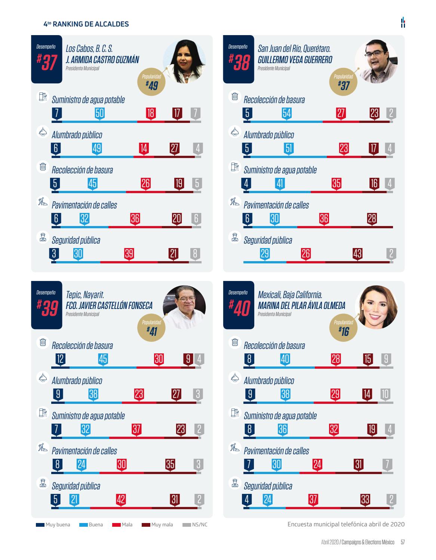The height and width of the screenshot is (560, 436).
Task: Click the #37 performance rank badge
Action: (47, 59)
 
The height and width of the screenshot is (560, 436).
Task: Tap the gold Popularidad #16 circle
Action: (343, 328)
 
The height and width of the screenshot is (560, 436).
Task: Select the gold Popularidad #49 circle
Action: (151, 82)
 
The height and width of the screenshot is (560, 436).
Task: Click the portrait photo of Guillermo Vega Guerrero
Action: (376, 61)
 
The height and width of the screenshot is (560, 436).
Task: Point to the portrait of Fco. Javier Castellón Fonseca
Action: (184, 307)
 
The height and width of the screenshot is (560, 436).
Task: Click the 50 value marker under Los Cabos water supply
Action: (99, 114)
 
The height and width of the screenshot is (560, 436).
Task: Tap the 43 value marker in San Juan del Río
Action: (357, 254)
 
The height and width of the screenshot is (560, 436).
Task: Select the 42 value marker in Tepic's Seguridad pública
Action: (121, 500)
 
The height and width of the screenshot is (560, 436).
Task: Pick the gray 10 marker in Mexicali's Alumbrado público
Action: (385, 395)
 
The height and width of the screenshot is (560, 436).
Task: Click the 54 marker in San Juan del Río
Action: (286, 114)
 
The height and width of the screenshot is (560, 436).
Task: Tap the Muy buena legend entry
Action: (53, 525)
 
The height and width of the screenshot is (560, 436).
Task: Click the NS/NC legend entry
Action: (195, 525)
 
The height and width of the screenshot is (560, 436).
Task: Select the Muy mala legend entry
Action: (157, 525)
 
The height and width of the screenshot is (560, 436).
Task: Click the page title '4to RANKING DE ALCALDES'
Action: (86, 24)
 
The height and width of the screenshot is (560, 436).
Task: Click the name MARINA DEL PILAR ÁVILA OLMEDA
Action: (301, 306)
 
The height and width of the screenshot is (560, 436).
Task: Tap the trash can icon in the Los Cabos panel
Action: (43, 167)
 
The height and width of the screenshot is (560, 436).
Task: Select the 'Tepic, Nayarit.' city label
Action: (85, 294)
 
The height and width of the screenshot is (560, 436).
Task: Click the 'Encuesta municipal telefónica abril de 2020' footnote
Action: (346, 524)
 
